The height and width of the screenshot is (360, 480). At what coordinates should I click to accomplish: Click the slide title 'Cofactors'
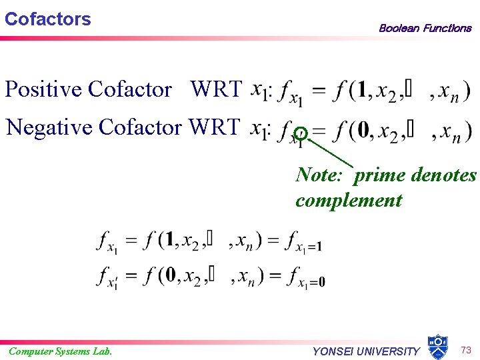[47, 19]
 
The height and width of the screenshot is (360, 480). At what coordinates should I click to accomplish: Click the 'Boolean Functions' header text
[425, 28]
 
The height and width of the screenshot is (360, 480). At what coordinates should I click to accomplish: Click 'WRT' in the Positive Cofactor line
[215, 89]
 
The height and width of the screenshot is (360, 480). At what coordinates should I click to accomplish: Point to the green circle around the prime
[301, 133]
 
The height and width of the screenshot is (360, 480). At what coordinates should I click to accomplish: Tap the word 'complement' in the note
[349, 200]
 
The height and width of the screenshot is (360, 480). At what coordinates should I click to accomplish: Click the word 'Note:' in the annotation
[319, 175]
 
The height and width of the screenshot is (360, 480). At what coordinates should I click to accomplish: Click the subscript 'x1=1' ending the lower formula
[310, 247]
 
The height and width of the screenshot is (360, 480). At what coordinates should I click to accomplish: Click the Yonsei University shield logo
[437, 347]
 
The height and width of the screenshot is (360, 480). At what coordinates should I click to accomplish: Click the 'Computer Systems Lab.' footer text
[60, 351]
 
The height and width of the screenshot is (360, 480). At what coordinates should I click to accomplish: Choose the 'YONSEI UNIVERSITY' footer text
[366, 351]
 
